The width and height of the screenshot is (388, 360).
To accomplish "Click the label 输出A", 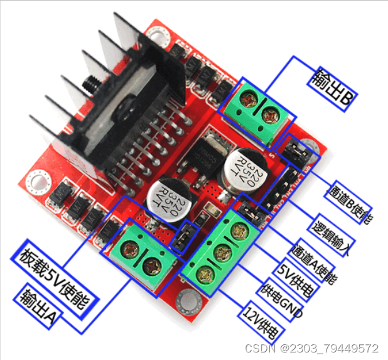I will (x=38, y=308).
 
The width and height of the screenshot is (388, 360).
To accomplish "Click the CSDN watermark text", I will (x=311, y=348).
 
